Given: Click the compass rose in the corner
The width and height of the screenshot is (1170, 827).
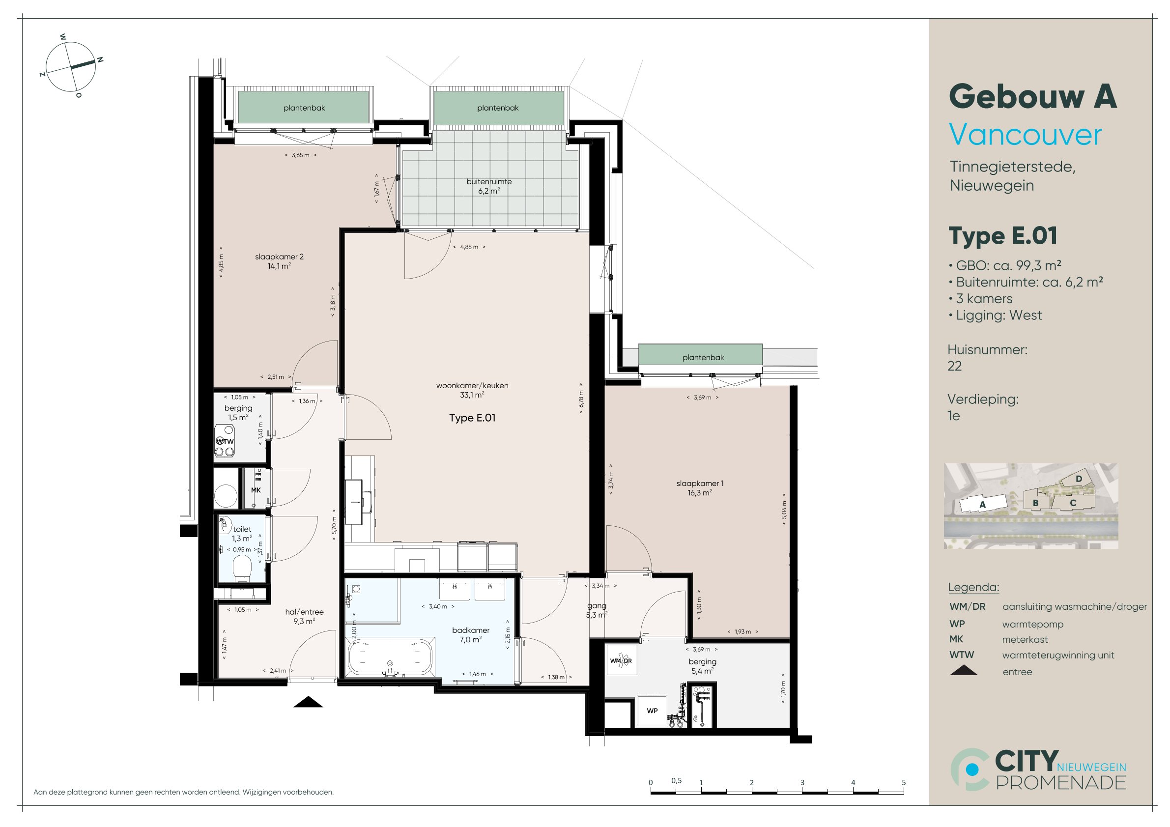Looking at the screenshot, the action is coord(71,66).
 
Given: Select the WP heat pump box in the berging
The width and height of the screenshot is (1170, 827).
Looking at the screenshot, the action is coord(652,711).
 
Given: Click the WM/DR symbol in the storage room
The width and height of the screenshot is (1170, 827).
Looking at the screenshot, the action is coord(621,660).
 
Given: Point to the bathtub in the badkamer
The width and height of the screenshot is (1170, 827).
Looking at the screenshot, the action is coord(390,656).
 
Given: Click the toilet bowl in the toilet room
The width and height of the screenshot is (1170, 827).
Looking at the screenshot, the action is coord(242,568).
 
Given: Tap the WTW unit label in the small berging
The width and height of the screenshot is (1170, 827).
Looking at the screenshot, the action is coord(225,441).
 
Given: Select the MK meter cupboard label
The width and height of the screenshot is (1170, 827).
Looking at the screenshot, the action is coord(256,490).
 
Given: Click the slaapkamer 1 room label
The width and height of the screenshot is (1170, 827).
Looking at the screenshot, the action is coord(700,487).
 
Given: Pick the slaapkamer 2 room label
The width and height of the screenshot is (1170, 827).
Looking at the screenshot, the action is coord(279,261).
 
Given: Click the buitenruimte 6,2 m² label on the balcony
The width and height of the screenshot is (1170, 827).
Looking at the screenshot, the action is coord(489,186).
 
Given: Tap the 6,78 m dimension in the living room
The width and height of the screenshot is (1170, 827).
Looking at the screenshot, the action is coord(581,398).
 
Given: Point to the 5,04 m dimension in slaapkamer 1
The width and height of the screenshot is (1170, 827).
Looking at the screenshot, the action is coord(784,509).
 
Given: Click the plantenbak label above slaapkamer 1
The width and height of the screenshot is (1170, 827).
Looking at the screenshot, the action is coord(703,357).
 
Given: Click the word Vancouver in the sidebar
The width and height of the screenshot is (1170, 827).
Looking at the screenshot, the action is coord(1025,135).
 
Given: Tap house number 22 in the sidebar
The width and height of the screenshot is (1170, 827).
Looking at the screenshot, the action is coord(954,366).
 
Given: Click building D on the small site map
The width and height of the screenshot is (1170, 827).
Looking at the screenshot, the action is coord(1079,479).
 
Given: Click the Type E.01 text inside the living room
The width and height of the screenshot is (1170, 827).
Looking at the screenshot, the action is coord(472,418).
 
